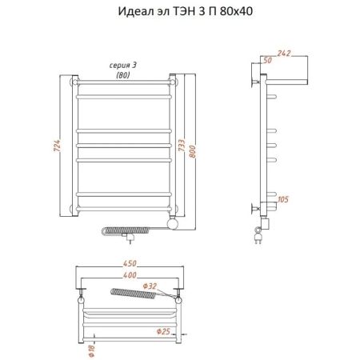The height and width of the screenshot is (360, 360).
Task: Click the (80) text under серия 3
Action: tap(122, 74)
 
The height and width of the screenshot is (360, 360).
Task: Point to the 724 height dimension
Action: tap(57, 147)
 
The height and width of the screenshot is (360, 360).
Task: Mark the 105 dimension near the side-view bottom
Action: tap(285, 198)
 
